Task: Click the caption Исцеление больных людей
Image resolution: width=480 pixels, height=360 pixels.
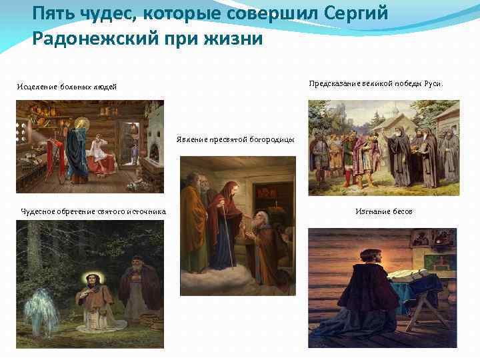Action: tap(67, 87)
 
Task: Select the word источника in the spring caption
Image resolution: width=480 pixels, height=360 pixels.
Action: tap(146, 212)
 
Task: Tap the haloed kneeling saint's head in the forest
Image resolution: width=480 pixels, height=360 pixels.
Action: tap(89, 279)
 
